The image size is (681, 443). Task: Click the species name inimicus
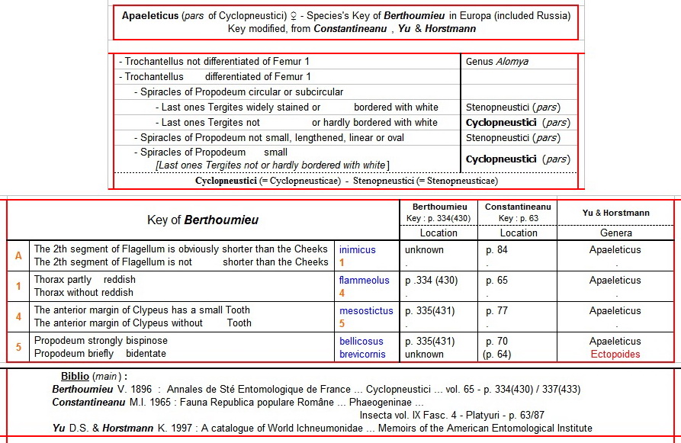click(x=358, y=249)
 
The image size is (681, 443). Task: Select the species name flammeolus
click(x=365, y=280)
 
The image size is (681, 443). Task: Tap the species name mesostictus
click(x=366, y=310)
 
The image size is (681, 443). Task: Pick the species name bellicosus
click(x=361, y=341)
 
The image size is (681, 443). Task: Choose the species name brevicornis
click(x=364, y=354)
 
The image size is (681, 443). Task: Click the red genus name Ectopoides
click(x=615, y=354)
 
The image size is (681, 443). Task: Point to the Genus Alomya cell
click(x=496, y=61)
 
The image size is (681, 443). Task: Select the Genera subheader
click(x=615, y=233)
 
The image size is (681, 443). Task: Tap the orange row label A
click(x=18, y=255)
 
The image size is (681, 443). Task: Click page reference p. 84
click(x=496, y=249)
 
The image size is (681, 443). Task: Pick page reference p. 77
click(x=496, y=310)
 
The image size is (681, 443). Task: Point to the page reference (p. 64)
click(x=498, y=354)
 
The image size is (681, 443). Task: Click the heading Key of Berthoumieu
click(x=203, y=220)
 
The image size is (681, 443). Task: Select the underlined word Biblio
click(x=75, y=377)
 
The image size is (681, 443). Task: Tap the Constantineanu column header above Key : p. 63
click(x=518, y=207)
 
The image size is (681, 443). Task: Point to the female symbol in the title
click(x=285, y=15)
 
